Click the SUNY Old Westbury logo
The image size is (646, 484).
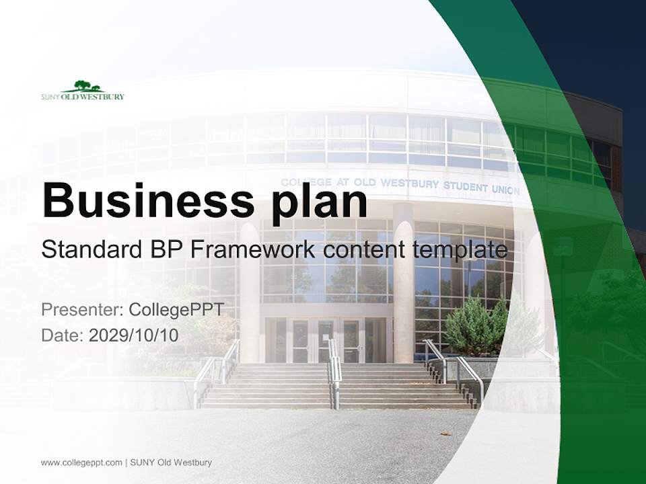pos(82,91)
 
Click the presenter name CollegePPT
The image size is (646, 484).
pos(176,310)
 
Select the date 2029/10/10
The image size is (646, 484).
pos(134,335)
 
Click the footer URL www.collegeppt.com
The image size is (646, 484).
pos(81,462)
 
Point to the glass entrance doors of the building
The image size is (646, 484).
pos(326,339)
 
